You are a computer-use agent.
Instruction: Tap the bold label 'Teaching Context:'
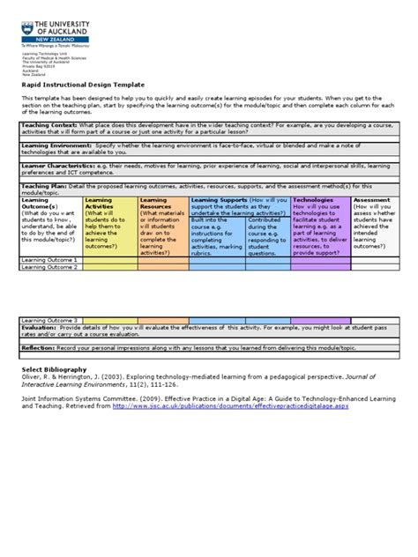pos(49,126)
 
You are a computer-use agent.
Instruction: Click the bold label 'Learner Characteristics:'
pos(59,164)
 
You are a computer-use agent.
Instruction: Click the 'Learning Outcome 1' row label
pos(49,260)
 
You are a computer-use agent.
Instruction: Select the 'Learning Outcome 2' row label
pos(49,267)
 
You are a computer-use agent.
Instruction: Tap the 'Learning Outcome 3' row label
pos(49,320)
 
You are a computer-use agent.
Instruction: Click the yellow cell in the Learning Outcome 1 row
pos(110,260)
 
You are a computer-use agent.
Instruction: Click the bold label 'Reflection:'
pos(39,347)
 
